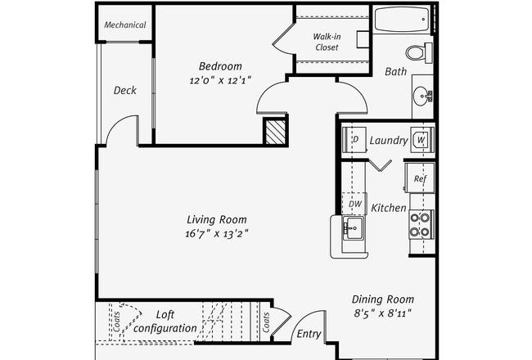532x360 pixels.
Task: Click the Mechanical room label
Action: (125, 25)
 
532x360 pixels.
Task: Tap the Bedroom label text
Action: (219, 66)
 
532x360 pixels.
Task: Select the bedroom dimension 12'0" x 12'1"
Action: (219, 80)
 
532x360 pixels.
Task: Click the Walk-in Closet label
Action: (327, 42)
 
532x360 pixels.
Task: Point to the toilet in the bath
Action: (417, 52)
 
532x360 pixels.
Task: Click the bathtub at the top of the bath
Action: (401, 20)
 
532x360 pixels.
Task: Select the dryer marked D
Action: (355, 139)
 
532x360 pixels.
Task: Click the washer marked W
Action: (420, 140)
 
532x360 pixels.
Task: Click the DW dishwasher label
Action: (355, 205)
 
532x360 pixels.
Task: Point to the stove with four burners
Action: (419, 224)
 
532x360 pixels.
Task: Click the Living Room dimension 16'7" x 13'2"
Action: (217, 233)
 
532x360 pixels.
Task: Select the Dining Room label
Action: (383, 299)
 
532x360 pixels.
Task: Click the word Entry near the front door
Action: (309, 333)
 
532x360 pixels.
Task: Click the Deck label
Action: (124, 90)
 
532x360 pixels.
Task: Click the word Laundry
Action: (388, 141)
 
